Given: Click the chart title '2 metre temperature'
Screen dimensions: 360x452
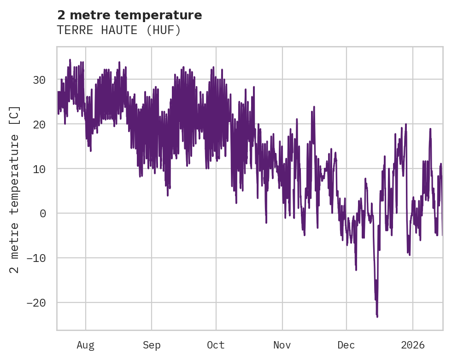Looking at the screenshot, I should click(x=129, y=15).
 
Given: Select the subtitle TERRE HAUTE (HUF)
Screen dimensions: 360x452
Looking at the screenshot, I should click(x=119, y=30).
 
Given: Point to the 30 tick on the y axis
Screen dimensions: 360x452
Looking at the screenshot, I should click(x=39, y=80).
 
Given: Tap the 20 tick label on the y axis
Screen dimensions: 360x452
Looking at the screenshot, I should click(x=39, y=124).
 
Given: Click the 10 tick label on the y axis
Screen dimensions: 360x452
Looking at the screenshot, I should click(x=39, y=169).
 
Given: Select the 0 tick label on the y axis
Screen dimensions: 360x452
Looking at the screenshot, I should click(x=42, y=214).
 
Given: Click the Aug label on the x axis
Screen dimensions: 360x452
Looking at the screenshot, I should click(x=85, y=345).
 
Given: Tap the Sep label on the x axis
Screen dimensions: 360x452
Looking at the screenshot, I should click(x=151, y=345).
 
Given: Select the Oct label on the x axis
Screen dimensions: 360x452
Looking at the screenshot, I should click(x=216, y=345).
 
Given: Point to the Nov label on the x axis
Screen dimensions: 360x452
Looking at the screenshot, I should click(x=282, y=345).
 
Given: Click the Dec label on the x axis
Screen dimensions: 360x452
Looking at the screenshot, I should click(x=346, y=345).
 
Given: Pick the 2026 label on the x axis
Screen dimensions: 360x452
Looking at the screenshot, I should click(x=413, y=345).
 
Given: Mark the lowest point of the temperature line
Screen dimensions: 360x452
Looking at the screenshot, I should click(x=377, y=317).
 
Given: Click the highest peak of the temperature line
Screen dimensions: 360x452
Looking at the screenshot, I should click(x=70, y=59).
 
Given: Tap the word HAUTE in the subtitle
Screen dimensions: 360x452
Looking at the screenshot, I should click(x=118, y=30).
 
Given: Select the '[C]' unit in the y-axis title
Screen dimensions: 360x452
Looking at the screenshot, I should click(x=15, y=116).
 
